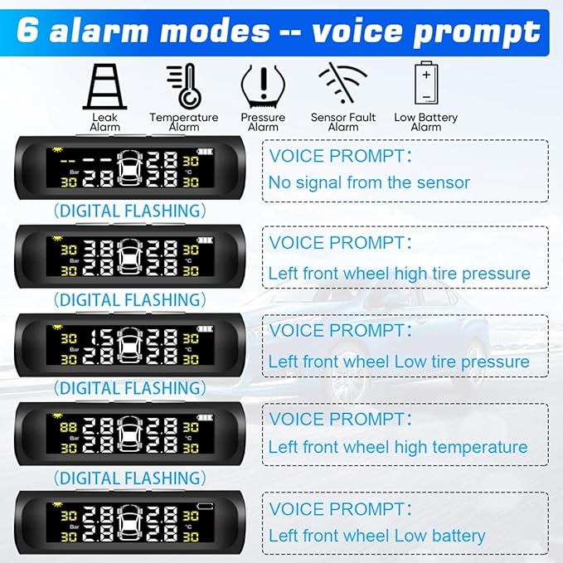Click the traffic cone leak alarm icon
tap(104, 85)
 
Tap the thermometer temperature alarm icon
tap(183, 85)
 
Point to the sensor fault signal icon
tap(342, 84)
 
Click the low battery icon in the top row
tap(425, 84)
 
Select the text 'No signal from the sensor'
tap(369, 182)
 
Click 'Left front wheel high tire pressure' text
tap(399, 273)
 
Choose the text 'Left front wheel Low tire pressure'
tap(398, 362)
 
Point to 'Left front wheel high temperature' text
tap(397, 447)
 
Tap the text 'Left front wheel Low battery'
tap(376, 536)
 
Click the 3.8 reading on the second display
tap(99, 248)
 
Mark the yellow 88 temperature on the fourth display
tap(68, 426)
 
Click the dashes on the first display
tap(83, 158)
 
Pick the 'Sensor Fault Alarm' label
tap(342, 122)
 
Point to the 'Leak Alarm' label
tap(104, 122)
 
